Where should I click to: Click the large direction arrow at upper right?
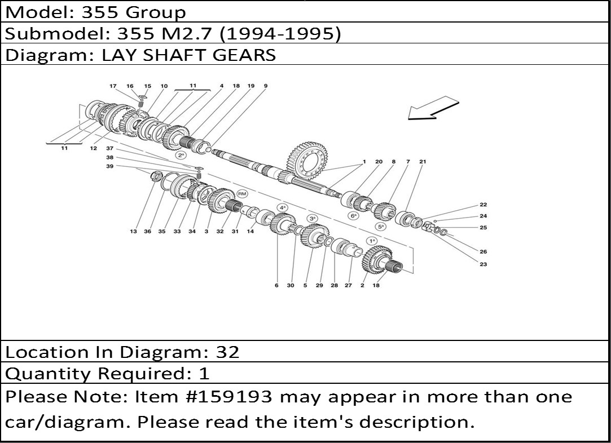point(433,108)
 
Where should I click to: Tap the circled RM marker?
point(242,194)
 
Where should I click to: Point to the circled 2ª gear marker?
point(181,156)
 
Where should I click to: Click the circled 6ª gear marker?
point(353,215)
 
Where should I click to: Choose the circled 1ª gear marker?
point(372,241)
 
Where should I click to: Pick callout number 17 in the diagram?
point(113,86)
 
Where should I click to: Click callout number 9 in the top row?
point(265,86)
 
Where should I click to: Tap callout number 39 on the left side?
point(110,166)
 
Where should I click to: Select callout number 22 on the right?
point(483,205)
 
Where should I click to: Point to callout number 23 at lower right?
point(483,264)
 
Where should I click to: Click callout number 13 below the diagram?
point(133,231)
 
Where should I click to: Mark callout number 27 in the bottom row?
point(348,285)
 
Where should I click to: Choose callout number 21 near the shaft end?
point(423,161)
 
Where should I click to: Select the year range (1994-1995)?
point(280,34)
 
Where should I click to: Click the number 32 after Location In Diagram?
point(227,352)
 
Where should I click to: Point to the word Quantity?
point(49,374)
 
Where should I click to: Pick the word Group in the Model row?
point(156,12)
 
